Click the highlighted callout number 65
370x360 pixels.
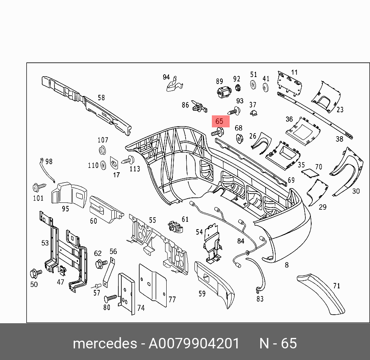[x=220, y=121]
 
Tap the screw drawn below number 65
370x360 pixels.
[x=218, y=133]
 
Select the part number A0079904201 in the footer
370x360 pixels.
[x=194, y=343]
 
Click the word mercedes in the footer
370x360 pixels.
[x=104, y=343]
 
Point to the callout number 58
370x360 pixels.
[x=101, y=98]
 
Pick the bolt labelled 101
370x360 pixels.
[x=38, y=188]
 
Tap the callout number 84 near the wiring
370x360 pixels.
[x=241, y=241]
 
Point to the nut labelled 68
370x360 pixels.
[x=239, y=138]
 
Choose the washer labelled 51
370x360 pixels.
[x=253, y=85]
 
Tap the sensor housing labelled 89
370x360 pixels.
[x=223, y=93]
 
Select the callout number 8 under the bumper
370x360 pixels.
[x=286, y=265]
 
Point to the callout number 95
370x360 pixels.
[x=65, y=209]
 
